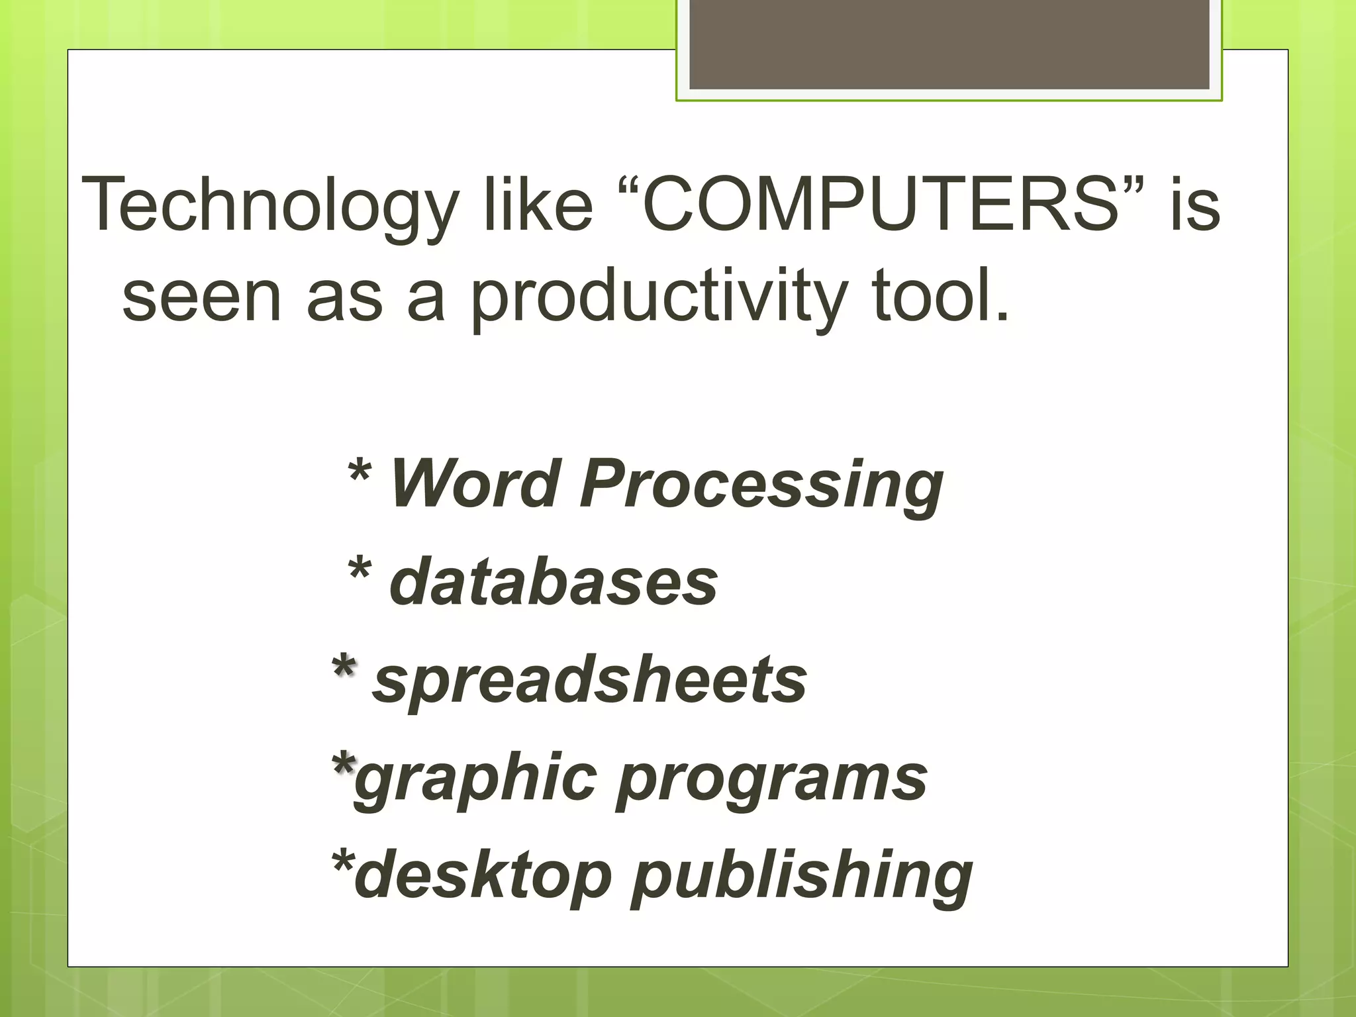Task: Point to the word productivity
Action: pyautogui.click(x=659, y=298)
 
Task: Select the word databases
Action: pyautogui.click(x=554, y=581)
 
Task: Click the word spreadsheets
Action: pyautogui.click(x=589, y=681)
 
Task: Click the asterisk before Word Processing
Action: pyautogui.click(x=359, y=471)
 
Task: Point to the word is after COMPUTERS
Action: pyautogui.click(x=1194, y=205)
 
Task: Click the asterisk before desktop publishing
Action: pyautogui.click(x=342, y=862)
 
